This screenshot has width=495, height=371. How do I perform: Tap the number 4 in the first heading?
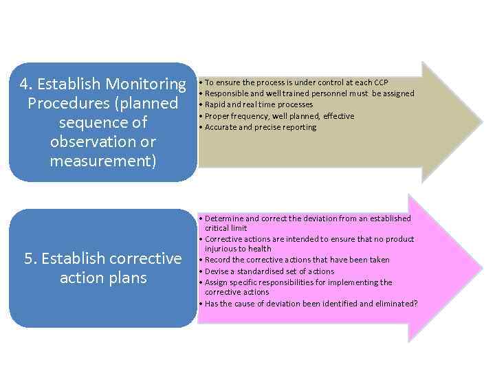pyautogui.click(x=24, y=85)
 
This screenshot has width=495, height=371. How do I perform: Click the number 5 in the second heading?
pyautogui.click(x=28, y=259)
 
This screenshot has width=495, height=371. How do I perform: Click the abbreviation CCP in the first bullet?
pyautogui.click(x=381, y=82)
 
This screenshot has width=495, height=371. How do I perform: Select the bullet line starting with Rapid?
pyautogui.click(x=258, y=104)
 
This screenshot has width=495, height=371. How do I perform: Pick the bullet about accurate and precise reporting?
pyautogui.click(x=260, y=127)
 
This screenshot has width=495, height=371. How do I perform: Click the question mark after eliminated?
pyautogui.click(x=415, y=303)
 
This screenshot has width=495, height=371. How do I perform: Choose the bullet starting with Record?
pyautogui.click(x=296, y=260)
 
